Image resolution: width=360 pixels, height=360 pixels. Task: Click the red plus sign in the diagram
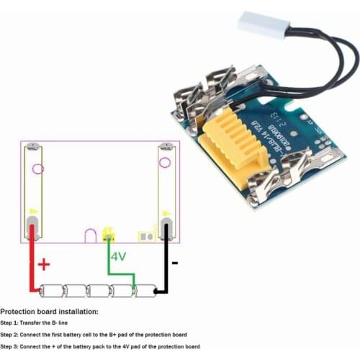[x=44, y=264]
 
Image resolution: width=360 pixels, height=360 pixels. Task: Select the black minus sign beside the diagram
[x=174, y=263]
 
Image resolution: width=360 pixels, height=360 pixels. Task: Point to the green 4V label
[x=118, y=256]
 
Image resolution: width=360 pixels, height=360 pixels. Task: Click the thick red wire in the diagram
[x=32, y=266]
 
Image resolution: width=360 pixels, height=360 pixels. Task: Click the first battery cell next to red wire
[x=53, y=291]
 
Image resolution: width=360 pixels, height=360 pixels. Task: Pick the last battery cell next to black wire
[x=145, y=291]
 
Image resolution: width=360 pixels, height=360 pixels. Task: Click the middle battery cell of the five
[x=99, y=291]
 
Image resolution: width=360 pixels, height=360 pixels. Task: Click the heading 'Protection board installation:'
[x=49, y=312]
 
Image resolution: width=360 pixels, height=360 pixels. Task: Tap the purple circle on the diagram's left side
[x=38, y=170]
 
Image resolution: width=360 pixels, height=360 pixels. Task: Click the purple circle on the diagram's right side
[x=164, y=162]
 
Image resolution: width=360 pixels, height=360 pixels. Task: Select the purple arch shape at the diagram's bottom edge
[x=90, y=236]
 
